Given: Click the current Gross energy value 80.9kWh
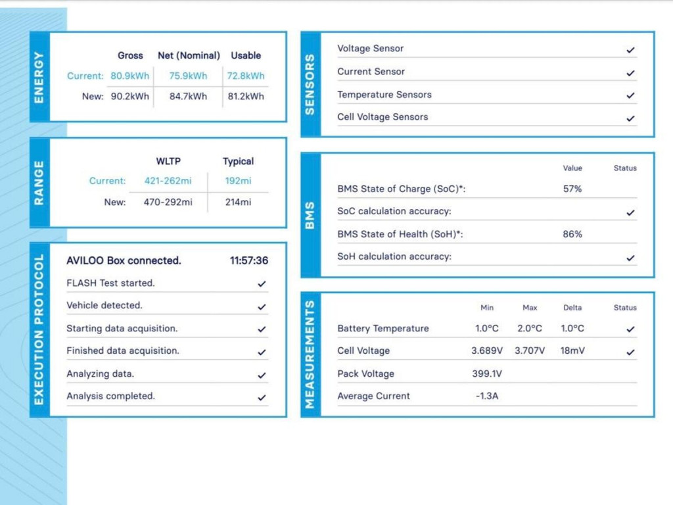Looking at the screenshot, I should (129, 76).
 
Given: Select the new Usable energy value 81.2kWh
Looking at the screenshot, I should (246, 97).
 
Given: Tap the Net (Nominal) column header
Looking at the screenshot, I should (189, 56).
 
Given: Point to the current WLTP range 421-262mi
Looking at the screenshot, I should (168, 181).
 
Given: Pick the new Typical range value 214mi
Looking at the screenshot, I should (238, 203).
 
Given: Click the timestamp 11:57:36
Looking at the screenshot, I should (248, 261).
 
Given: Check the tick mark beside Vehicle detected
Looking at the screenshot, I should (262, 306).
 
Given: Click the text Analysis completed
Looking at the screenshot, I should (110, 397).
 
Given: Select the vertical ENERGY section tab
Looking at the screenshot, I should (39, 77).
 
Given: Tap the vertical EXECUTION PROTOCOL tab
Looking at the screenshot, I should (39, 329).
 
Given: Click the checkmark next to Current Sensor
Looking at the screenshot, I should (631, 73).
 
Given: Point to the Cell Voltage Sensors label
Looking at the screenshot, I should (383, 117).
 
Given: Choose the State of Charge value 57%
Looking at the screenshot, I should (572, 189).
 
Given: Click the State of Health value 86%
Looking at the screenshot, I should (572, 234).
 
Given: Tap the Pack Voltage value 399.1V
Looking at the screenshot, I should (487, 374).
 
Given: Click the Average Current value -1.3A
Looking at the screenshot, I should (487, 397).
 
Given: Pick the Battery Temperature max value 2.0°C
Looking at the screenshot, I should (530, 329).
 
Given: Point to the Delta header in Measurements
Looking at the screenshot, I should (572, 308).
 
